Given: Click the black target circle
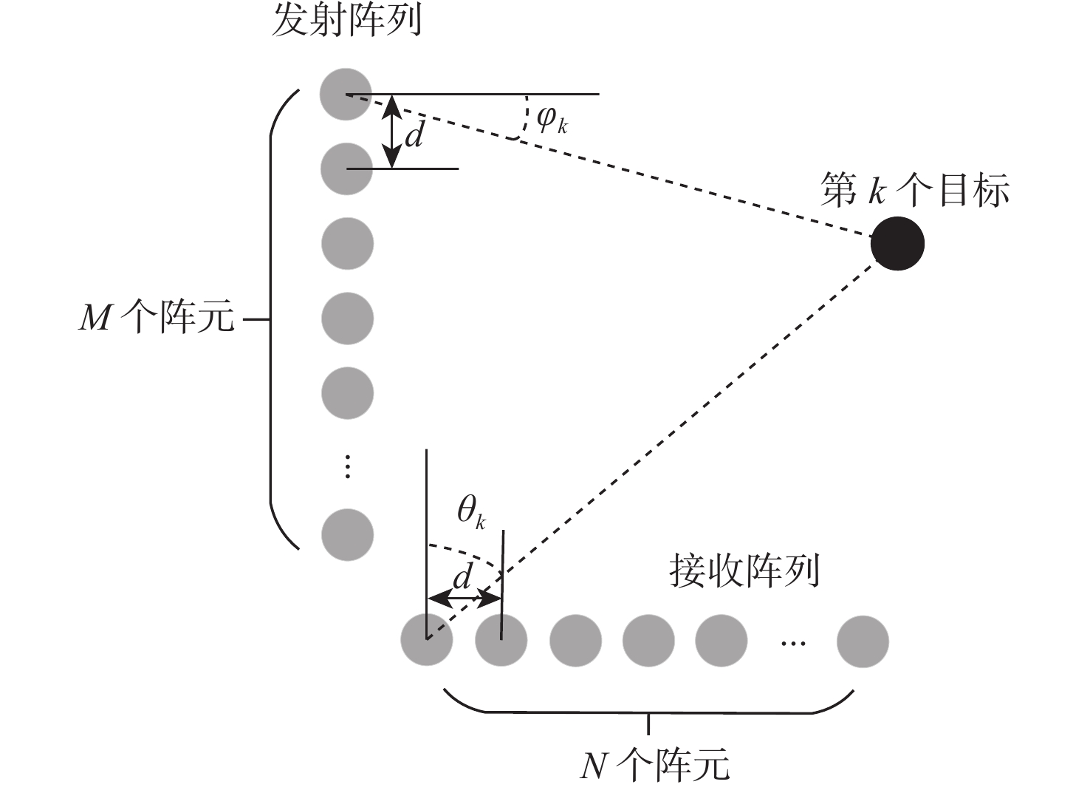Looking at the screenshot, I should (x=897, y=243).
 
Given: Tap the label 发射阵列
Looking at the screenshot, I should (x=347, y=21).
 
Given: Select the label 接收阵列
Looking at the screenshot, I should (x=744, y=571).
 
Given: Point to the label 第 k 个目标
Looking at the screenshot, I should (x=915, y=191).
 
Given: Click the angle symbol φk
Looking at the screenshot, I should (x=552, y=118).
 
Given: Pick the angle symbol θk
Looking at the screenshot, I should (x=470, y=511).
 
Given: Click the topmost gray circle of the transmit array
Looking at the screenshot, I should (x=346, y=94).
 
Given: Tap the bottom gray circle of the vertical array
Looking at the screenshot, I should (x=347, y=534).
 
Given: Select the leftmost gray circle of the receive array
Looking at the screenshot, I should (x=426, y=640).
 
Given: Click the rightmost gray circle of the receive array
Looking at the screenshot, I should (x=863, y=641).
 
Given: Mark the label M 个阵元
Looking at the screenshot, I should (x=157, y=319).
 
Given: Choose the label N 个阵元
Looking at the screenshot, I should (x=655, y=765).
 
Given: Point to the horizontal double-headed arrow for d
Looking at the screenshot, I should (x=464, y=597).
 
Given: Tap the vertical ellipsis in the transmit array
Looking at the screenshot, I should (x=348, y=467).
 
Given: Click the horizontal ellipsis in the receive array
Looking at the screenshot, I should (x=793, y=643).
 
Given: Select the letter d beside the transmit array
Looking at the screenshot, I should (x=415, y=134).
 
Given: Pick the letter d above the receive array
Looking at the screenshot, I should (x=462, y=576).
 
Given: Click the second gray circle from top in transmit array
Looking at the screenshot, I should (x=346, y=168).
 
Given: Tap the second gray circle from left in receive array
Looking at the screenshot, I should (x=501, y=640).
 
